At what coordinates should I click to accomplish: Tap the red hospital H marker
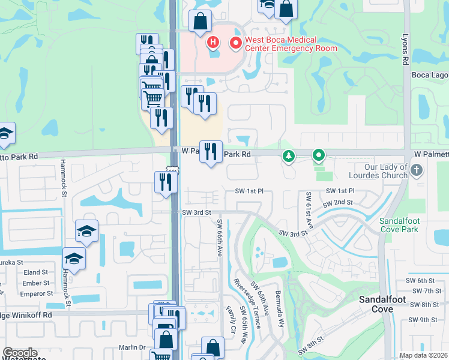click(x=212, y=43)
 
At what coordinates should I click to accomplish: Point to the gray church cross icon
click(x=418, y=171)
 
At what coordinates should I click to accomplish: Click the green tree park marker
click(x=289, y=157)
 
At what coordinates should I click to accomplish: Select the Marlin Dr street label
click(x=132, y=347)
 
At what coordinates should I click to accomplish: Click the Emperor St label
click(x=37, y=294)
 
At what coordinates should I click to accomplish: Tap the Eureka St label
click(x=11, y=262)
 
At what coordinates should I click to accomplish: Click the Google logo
click(x=20, y=353)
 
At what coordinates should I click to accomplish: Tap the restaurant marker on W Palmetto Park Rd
click(x=211, y=151)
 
